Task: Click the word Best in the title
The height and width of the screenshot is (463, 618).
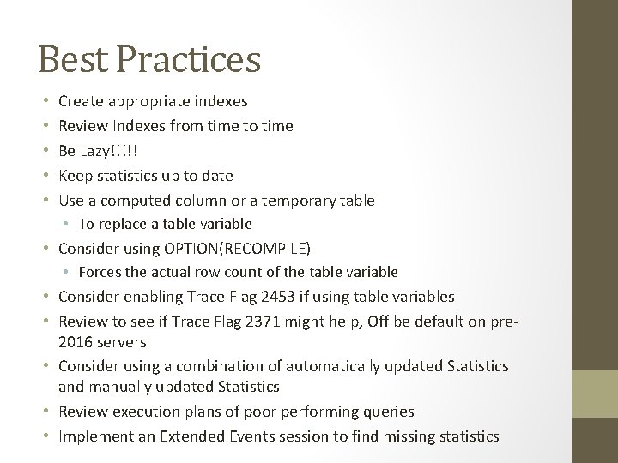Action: click(71, 60)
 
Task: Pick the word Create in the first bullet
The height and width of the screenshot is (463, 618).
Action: click(81, 102)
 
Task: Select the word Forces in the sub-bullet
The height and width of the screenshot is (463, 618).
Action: click(99, 272)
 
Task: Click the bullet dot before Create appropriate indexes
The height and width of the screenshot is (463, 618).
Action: click(44, 102)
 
